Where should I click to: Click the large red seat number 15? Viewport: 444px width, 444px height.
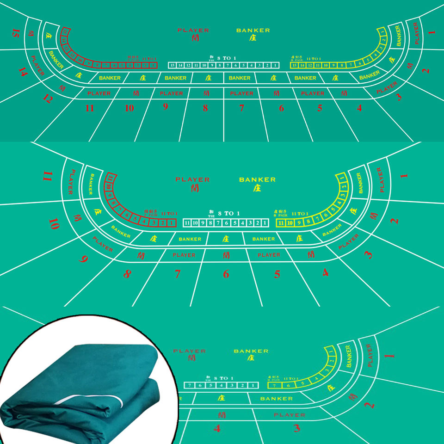tap(16, 33)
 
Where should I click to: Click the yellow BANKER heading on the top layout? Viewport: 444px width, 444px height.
tap(253, 31)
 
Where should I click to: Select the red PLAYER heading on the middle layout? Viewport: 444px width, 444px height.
tap(192, 179)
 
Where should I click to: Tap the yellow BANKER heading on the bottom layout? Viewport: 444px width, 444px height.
tap(251, 351)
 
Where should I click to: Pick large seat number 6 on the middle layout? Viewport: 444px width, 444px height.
tap(226, 274)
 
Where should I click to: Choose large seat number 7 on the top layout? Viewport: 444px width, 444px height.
tap(241, 108)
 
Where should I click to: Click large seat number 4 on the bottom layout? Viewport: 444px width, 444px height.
tap(217, 429)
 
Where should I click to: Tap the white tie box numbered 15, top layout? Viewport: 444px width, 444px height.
tap(172, 66)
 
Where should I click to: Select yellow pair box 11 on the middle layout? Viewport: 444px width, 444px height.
tap(280, 223)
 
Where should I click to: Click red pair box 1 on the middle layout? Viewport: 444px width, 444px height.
tap(172, 223)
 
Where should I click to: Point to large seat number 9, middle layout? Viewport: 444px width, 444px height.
tap(83, 259)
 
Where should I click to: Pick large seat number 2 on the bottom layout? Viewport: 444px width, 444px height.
tap(369, 405)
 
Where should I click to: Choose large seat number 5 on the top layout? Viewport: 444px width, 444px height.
tap(320, 108)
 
